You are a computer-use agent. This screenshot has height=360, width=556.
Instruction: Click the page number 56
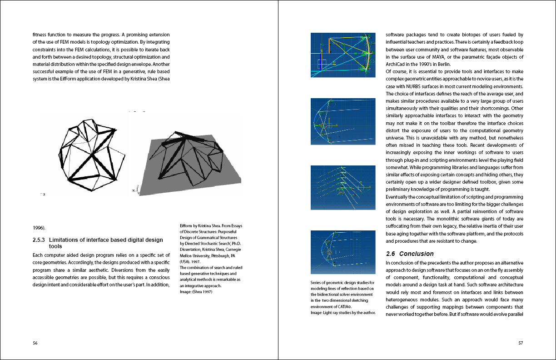point(35,343)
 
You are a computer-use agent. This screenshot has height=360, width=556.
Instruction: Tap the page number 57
point(521,343)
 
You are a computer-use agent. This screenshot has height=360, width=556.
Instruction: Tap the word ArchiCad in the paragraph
point(397,64)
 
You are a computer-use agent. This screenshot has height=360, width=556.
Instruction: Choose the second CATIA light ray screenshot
point(343,121)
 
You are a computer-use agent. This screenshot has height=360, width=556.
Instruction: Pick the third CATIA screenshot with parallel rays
point(343,187)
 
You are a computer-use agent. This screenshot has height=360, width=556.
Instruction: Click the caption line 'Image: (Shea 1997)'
point(196,292)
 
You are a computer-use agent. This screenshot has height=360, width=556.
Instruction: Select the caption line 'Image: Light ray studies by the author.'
point(343,313)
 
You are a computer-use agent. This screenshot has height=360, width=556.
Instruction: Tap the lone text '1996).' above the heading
point(39,227)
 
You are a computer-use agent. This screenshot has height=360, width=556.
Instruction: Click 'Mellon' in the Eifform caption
point(188,255)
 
